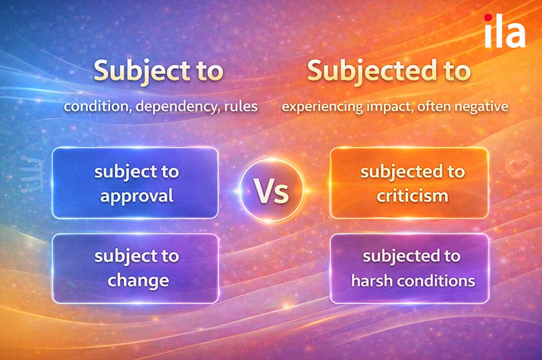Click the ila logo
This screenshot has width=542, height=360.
[505, 31]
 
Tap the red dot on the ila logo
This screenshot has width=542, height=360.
[488, 17]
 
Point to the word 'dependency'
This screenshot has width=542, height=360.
[177, 107]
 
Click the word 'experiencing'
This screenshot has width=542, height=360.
[322, 107]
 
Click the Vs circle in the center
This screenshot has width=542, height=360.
[272, 190]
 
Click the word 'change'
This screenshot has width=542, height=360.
[138, 281]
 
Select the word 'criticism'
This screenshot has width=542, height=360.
[412, 196]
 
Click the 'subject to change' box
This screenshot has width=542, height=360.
[135, 268]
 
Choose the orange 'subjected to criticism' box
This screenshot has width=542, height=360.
[409, 183]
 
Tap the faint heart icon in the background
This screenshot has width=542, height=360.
[519, 165]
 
